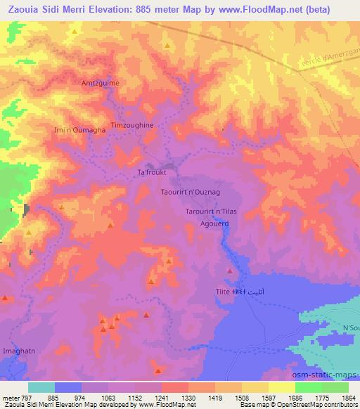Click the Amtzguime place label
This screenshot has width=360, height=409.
pyautogui.click(x=103, y=82)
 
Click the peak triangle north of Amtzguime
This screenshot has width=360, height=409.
pyautogui.click(x=167, y=46)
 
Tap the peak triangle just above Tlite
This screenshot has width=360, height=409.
pyautogui.click(x=229, y=271)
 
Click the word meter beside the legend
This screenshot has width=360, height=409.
pyautogui.click(x=12, y=397)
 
